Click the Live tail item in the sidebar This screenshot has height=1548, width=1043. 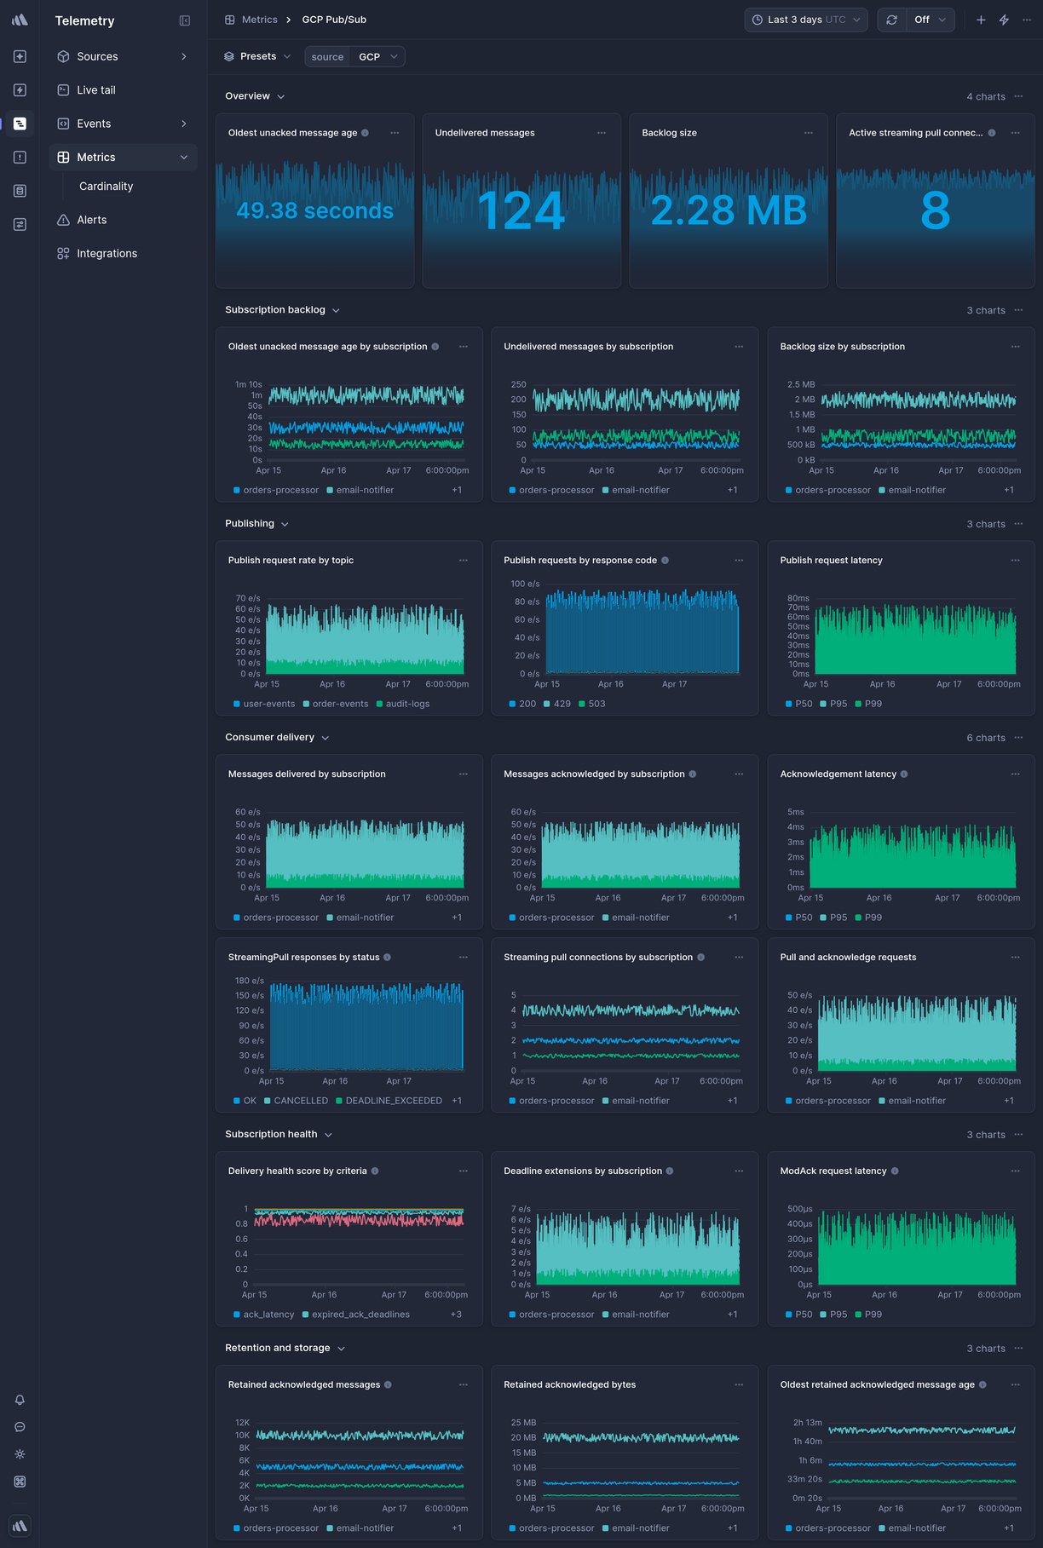(95, 89)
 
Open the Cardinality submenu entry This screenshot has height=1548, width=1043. (106, 186)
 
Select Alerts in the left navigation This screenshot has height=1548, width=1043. (91, 220)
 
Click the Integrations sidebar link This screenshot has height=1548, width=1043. (107, 253)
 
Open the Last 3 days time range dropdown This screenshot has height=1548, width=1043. (805, 20)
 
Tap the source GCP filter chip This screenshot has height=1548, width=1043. (354, 56)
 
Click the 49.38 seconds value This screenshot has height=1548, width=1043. (314, 210)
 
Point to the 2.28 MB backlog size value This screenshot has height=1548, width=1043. (729, 210)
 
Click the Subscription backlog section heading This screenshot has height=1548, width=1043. (275, 310)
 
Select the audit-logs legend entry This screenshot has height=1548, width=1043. (407, 704)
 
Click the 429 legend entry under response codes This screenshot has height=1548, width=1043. (562, 704)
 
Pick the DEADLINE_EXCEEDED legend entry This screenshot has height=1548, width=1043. (393, 1101)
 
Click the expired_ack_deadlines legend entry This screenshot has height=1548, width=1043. (360, 1315)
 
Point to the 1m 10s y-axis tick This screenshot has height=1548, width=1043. (248, 384)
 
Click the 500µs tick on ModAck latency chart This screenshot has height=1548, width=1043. (799, 1209)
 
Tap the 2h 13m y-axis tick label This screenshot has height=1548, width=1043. (807, 1423)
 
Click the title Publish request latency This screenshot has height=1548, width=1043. (831, 561)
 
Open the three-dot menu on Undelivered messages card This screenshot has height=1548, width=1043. (602, 133)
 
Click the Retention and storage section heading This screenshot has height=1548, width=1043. (277, 1348)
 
